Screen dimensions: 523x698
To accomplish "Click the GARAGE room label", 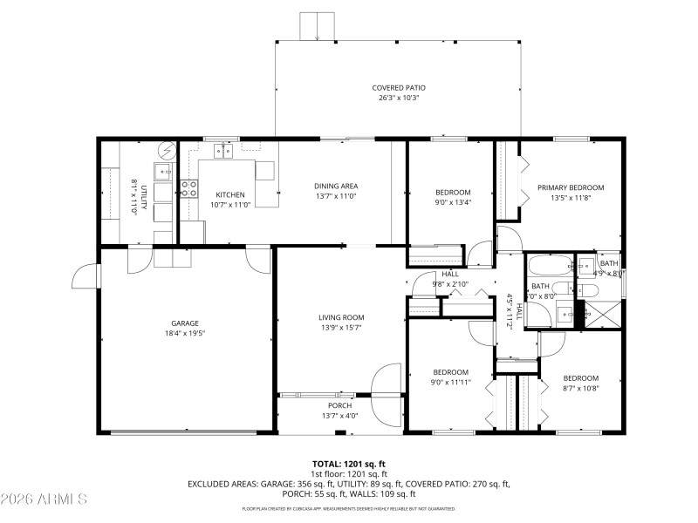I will point(184,323).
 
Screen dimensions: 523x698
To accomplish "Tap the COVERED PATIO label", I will point(399,88).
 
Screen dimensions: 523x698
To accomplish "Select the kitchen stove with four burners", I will point(188,188).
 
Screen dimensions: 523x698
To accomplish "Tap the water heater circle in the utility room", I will point(167,149).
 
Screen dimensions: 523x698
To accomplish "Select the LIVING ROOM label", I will point(341,317).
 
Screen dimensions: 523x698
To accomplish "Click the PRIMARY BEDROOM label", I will point(570,187).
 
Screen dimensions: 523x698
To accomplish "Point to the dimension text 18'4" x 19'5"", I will point(184,333).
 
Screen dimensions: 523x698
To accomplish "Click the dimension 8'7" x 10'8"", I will point(580,388).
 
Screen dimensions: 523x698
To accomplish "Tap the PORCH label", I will point(339,405).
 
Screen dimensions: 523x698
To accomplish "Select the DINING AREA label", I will point(336,186).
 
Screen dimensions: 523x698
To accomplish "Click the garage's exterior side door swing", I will point(86,276).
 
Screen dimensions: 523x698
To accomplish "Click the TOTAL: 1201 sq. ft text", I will point(349,464).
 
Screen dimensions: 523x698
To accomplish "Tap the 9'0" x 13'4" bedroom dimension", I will point(453,203).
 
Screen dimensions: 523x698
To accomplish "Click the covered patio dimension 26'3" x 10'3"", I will point(399,98).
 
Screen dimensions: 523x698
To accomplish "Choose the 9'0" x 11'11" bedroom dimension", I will point(451,382).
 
